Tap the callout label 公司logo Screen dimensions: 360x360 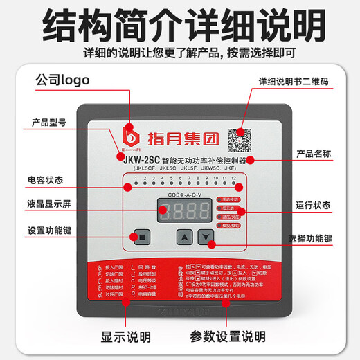tap(64, 80)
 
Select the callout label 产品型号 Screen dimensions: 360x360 tap(51, 123)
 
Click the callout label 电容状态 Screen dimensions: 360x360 tap(45, 180)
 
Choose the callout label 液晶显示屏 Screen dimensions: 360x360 tap(49, 205)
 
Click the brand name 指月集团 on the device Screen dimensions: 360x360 tap(177, 135)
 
